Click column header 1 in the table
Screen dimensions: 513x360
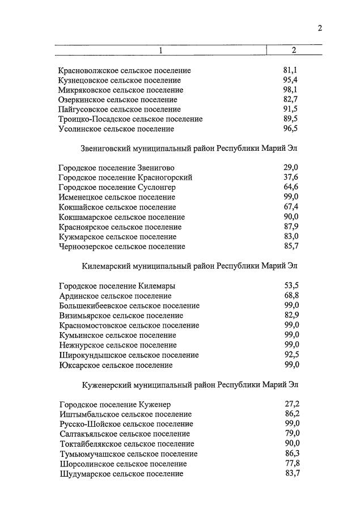(x=160, y=50)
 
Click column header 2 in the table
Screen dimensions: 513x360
(x=294, y=50)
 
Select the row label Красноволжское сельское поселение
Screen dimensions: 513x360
(x=125, y=71)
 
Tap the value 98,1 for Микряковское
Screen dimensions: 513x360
(x=290, y=90)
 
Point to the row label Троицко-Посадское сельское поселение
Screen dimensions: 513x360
(x=130, y=119)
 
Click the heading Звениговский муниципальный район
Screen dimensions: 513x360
(x=190, y=149)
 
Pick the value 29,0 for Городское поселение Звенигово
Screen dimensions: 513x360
(x=290, y=168)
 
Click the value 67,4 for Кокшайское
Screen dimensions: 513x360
(x=290, y=207)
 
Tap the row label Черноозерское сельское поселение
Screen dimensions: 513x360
(x=122, y=247)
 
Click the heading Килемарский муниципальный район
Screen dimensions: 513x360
(x=190, y=266)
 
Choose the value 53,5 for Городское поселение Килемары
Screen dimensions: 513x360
(x=291, y=286)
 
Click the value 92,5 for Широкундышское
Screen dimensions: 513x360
(x=291, y=355)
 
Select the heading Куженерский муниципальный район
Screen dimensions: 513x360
(x=190, y=384)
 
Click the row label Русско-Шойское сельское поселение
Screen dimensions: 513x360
(x=126, y=424)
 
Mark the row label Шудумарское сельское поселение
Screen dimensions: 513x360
(x=121, y=473)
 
